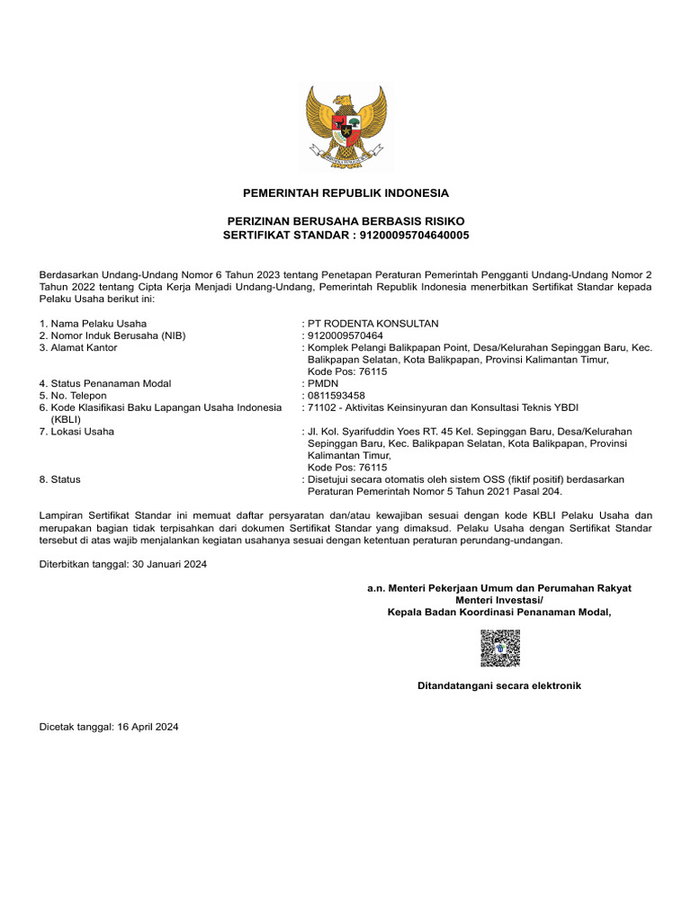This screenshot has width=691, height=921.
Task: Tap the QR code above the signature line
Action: pyautogui.click(x=499, y=648)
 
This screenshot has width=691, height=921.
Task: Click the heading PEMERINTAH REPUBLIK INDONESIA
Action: pyautogui.click(x=345, y=193)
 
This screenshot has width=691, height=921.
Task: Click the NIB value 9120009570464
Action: pyautogui.click(x=345, y=335)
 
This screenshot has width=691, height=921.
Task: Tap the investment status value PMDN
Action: pyautogui.click(x=322, y=383)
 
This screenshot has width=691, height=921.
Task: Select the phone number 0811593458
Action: pyautogui.click(x=337, y=395)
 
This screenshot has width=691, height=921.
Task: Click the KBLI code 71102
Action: pyautogui.click(x=322, y=407)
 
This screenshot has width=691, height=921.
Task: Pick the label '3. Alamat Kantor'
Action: pyautogui.click(x=78, y=347)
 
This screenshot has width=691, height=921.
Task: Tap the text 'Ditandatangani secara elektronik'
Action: pyautogui.click(x=498, y=685)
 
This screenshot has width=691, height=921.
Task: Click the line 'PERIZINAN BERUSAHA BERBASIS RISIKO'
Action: pyautogui.click(x=345, y=221)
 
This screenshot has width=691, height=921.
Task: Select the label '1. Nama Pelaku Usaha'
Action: pyautogui.click(x=93, y=324)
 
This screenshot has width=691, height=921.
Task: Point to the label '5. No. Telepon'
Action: pyautogui.click(x=73, y=395)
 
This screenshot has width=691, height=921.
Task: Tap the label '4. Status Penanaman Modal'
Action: pyautogui.click(x=105, y=383)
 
